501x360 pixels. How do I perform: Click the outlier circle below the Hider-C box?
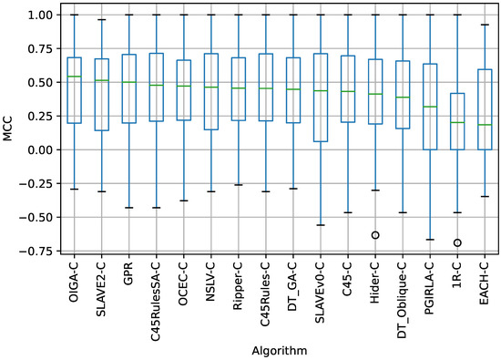[374, 235]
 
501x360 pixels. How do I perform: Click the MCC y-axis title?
[9, 134]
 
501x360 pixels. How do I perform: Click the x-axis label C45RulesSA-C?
[157, 291]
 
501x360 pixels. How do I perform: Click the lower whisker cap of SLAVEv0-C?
[320, 225]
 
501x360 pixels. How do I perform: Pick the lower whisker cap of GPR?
[128, 208]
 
